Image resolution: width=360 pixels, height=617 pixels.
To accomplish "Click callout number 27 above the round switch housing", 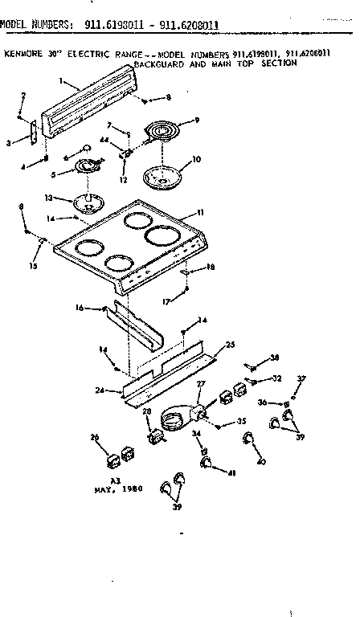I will [202, 384].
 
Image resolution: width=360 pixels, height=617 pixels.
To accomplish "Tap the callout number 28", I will [145, 412].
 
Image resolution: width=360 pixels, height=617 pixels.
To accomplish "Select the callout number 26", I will [94, 438].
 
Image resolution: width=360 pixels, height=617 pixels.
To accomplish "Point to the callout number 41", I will [233, 473].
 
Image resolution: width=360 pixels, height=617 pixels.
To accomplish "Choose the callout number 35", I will [242, 421].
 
